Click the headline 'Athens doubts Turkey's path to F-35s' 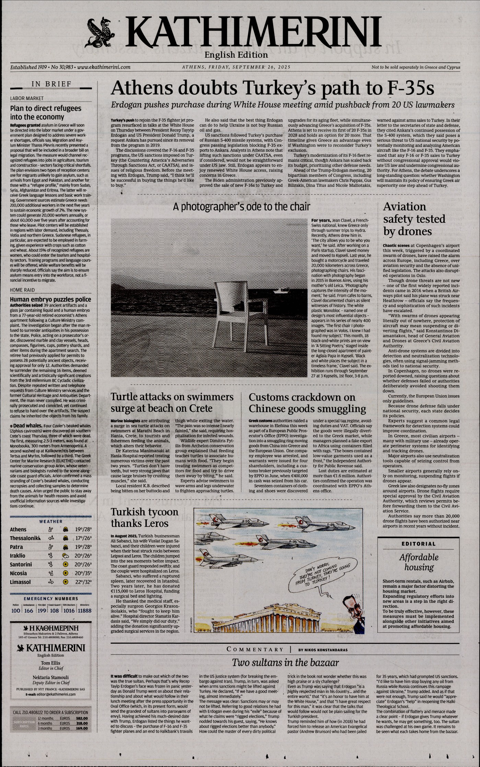(272, 88)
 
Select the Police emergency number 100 (16, 610)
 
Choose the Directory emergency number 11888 (84, 610)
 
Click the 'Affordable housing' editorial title (419, 562)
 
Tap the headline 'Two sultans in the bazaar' (285, 662)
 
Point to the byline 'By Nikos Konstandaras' (323, 650)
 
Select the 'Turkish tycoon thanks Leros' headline (144, 517)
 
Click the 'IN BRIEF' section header (51, 84)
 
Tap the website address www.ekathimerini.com (104, 67)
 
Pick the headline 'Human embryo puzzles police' (50, 299)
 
